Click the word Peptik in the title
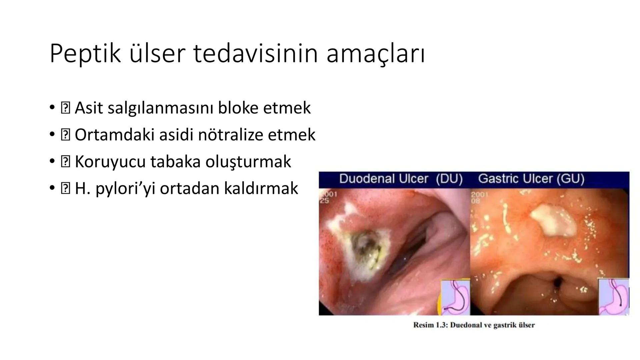[85, 53]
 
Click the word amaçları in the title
[375, 53]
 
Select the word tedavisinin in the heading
[255, 53]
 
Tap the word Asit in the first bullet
[89, 108]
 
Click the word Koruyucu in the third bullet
[110, 162]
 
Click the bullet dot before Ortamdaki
[52, 135]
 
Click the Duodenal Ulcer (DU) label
[401, 179]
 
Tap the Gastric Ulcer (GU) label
[531, 179]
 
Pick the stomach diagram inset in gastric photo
[614, 297]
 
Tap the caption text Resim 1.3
[474, 325]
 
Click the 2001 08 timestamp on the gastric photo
[479, 197]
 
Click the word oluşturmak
[248, 162]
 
